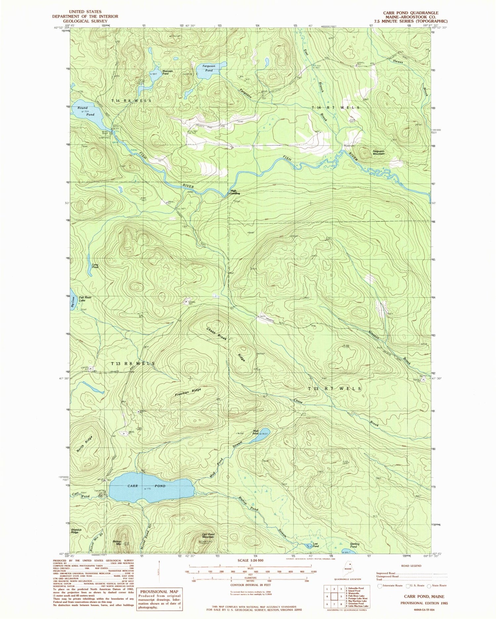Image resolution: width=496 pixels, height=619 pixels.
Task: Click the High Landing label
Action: (235, 192)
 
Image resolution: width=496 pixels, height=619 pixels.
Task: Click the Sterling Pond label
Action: (354, 546)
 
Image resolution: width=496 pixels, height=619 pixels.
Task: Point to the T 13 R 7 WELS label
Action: (335, 389)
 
